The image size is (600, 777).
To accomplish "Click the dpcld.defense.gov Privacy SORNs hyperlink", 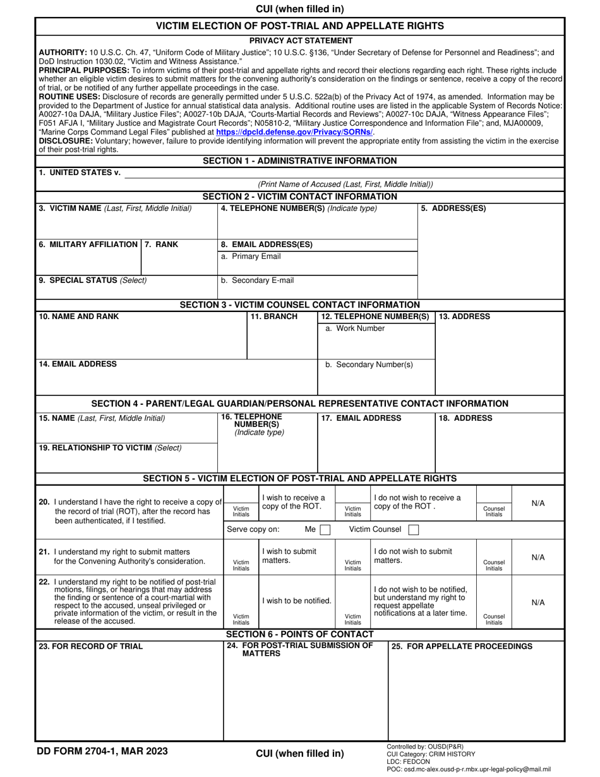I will tap(294, 133).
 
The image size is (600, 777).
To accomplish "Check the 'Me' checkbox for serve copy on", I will tap(325, 529).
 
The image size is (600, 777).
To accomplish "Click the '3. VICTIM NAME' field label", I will tap(115, 208).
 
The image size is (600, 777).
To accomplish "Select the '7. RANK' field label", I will tap(162, 244).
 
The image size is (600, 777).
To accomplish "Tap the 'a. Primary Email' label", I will tap(251, 256).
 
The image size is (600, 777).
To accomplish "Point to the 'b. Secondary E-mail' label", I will tap(257, 280).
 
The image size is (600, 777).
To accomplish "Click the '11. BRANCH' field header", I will tap(274, 316).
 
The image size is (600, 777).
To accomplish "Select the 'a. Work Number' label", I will tap(354, 328).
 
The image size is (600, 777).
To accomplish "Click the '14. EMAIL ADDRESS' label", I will tap(78, 364).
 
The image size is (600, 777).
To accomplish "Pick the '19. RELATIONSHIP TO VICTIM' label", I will tap(110, 448).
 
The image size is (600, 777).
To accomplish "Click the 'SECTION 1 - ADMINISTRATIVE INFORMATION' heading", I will tap(299, 161).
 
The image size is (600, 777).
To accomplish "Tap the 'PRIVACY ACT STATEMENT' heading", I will tap(299, 40).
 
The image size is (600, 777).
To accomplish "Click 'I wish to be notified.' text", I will tap(296, 601).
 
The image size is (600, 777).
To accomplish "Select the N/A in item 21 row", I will tap(538, 557).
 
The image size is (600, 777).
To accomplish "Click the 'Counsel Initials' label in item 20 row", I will tap(493, 511).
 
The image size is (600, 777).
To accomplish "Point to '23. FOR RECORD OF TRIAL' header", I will tap(91, 646).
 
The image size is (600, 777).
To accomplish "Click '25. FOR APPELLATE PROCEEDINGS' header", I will tap(462, 646).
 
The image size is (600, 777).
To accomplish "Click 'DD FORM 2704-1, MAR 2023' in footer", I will tap(104, 751).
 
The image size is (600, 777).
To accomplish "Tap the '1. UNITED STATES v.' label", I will tap(80, 172).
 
